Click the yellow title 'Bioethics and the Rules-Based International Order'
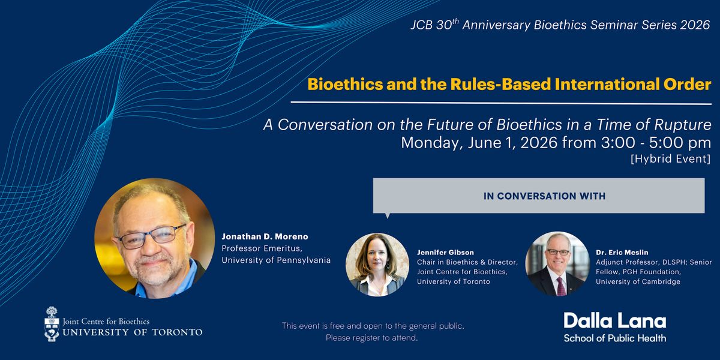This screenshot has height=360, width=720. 509,85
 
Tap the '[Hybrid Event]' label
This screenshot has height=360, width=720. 671,159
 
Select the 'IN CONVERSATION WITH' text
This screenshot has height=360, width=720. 545,196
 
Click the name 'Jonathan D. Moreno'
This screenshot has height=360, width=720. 265,236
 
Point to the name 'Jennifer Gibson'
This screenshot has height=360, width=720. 445,253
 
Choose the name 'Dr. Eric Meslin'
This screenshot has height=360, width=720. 622,253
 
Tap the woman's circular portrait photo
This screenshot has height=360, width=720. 377,264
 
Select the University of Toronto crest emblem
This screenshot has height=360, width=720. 52,324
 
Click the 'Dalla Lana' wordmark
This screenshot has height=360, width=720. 615,322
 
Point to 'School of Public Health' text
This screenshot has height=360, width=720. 615,338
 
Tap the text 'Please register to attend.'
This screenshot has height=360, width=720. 372,338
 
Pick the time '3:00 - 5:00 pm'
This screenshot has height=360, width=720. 656,143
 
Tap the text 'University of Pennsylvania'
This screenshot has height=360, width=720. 276,260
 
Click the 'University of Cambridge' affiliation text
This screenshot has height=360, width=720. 638,281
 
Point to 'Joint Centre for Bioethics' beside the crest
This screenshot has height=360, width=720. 106,322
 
